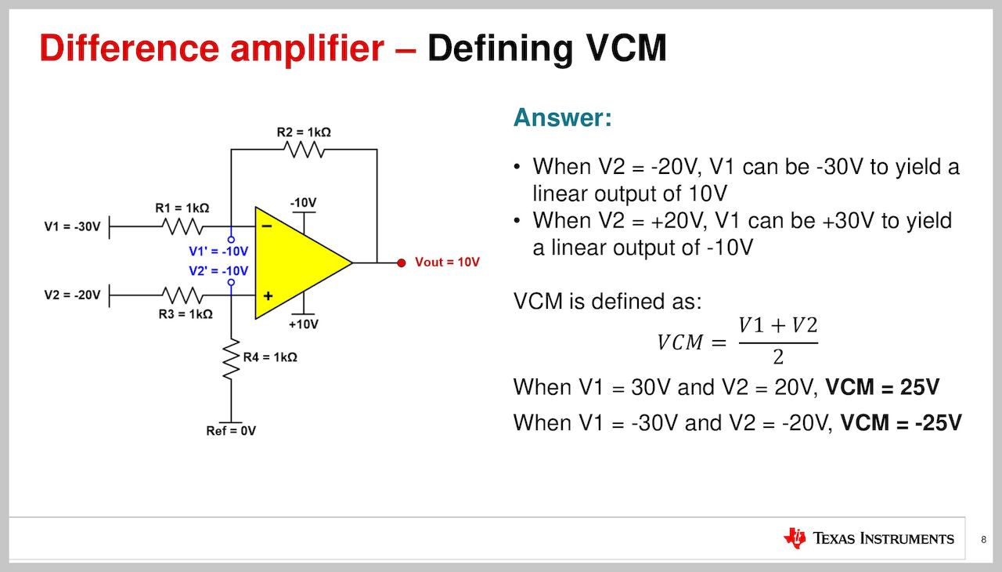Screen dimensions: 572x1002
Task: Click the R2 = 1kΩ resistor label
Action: click(304, 132)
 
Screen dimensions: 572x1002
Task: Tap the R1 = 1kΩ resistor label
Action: click(182, 208)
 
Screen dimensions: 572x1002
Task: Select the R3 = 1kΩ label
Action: click(186, 314)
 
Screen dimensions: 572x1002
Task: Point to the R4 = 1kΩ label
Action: click(270, 357)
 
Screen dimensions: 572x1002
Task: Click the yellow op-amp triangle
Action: click(297, 262)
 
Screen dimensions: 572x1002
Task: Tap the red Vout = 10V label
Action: click(447, 262)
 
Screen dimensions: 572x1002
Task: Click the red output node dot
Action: click(401, 262)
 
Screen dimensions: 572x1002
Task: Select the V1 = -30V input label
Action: click(73, 227)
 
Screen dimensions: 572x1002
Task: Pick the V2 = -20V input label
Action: click(73, 295)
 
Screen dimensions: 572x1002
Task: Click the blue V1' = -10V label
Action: click(218, 252)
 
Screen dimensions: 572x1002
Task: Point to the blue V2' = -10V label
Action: click(218, 271)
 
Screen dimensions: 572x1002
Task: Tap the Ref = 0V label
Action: click(231, 431)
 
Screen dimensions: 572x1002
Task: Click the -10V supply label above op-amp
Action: click(303, 203)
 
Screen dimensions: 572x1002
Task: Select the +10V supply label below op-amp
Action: click(304, 324)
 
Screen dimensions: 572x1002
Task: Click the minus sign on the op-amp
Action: click(267, 226)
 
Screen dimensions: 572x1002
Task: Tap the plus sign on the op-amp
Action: click(268, 296)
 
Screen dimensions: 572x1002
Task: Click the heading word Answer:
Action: click(562, 119)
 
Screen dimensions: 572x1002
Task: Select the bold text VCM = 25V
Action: click(883, 387)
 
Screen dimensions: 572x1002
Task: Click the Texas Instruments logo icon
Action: click(795, 538)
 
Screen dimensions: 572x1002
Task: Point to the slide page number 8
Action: click(983, 539)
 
